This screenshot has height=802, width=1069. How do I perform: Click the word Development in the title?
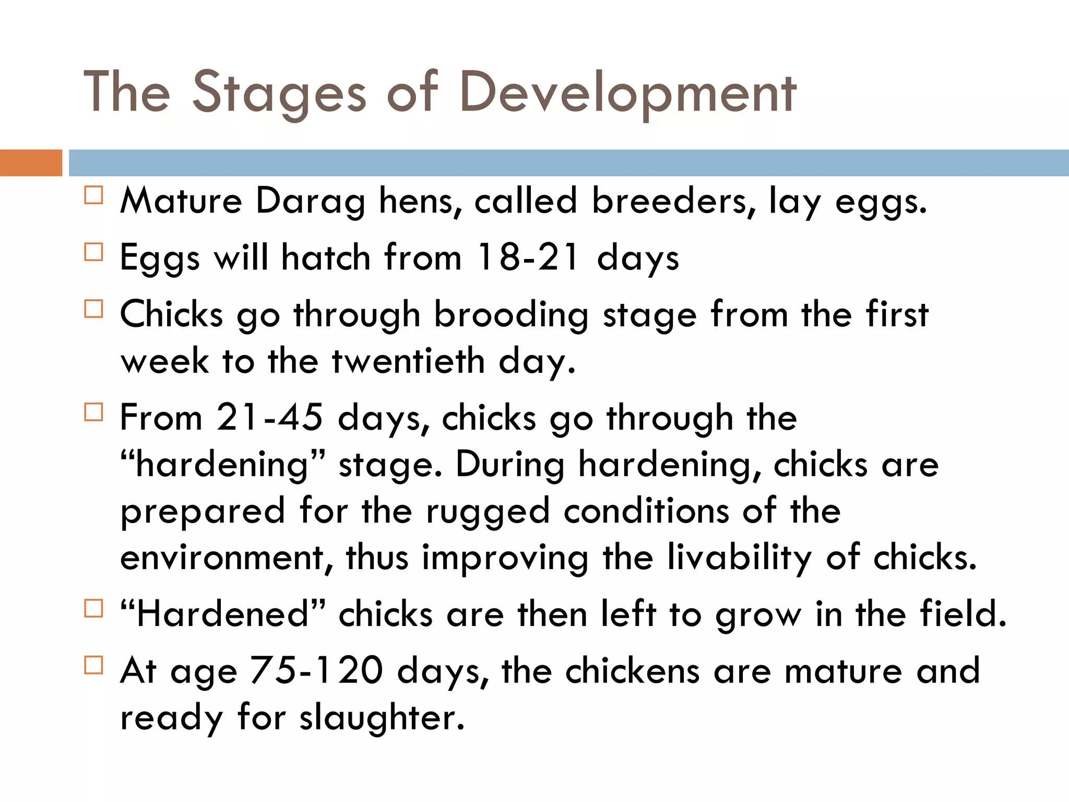(628, 93)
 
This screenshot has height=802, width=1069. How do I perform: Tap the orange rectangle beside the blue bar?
(31, 162)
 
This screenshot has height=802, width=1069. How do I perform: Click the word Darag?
(310, 202)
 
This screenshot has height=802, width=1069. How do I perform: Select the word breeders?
(674, 200)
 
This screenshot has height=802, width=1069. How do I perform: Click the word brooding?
(512, 315)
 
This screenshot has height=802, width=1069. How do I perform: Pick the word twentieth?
(408, 361)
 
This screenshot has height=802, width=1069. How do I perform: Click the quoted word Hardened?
(223, 614)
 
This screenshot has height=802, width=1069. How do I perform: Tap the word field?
(963, 614)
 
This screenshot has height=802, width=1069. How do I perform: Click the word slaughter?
(382, 717)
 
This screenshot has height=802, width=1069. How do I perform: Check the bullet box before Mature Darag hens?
(93, 195)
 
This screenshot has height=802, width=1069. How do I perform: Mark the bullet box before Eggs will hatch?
(93, 252)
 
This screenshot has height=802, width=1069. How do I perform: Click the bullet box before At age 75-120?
(93, 665)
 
